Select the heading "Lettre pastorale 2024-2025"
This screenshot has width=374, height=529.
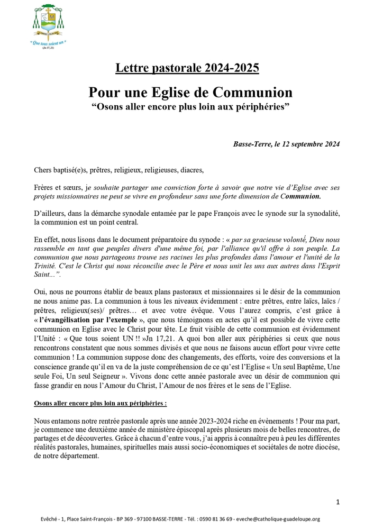point(187,68)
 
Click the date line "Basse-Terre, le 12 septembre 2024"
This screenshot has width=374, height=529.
point(286,144)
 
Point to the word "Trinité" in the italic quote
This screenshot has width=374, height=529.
point(46,268)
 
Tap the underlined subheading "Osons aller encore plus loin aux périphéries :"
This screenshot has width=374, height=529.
point(100,403)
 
